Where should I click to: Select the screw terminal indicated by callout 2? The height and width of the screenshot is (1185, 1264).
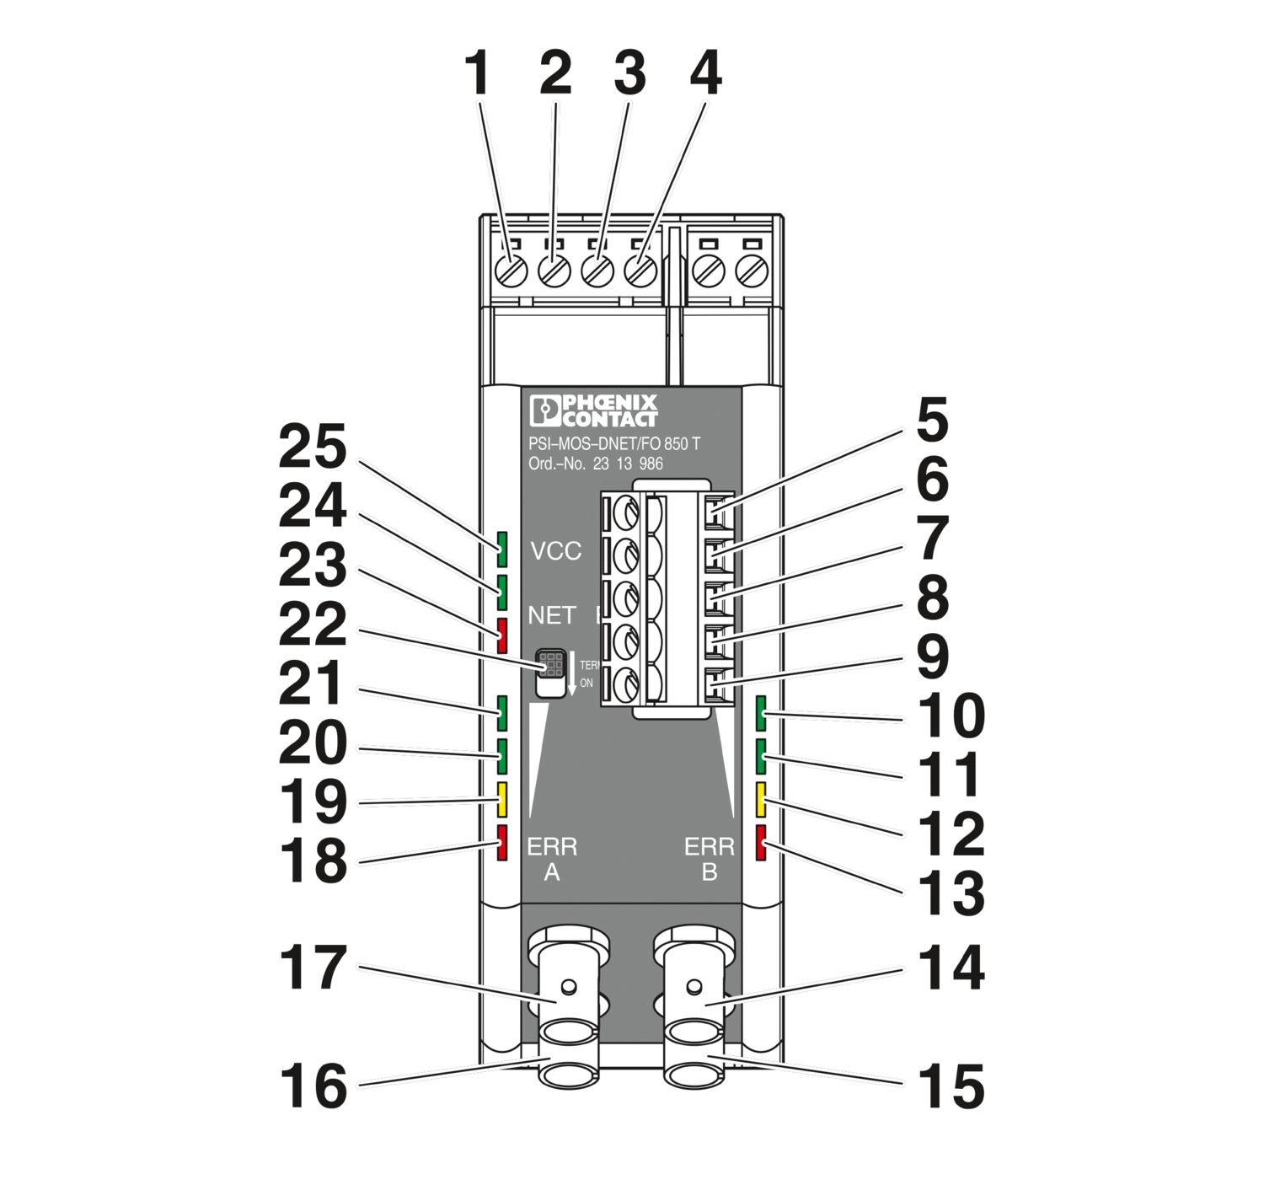553,271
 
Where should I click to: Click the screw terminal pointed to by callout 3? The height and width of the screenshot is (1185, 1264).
597,271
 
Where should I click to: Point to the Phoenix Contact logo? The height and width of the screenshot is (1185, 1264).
594,410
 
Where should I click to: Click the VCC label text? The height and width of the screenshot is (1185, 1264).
555,551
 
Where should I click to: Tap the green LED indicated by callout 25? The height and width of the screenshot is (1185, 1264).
502,549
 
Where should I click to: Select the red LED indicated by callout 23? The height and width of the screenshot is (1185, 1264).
502,635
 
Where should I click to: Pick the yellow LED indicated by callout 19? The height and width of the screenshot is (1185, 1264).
502,800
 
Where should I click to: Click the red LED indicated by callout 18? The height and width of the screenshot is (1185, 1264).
502,843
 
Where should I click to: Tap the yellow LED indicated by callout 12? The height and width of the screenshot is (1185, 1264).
761,800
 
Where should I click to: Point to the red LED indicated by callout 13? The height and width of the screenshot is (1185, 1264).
761,843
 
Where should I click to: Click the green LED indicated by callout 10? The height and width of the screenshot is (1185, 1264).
761,713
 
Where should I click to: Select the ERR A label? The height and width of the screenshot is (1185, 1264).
552,858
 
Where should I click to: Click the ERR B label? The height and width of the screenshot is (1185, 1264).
709,858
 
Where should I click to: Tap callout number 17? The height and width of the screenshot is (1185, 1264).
313,968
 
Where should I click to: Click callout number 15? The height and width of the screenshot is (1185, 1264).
951,1086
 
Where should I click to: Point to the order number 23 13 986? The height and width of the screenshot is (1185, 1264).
627,464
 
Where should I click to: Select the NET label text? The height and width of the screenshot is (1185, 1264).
552,615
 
